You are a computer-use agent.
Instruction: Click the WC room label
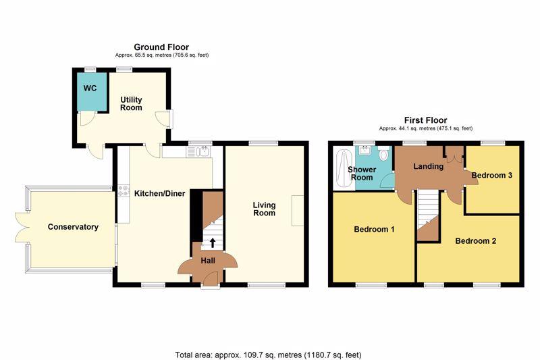point(90,88)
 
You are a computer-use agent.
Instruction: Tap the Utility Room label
point(131,103)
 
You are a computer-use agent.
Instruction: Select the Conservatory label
point(73,227)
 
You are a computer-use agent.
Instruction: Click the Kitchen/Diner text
point(159,193)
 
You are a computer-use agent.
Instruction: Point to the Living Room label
point(264,209)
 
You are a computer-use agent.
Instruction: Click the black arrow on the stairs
point(213,242)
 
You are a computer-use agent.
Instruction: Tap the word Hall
point(208,261)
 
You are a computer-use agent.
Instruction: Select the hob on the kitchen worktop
point(124,191)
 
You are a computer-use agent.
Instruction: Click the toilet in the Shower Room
point(383,153)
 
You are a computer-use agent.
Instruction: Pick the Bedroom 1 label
point(374,229)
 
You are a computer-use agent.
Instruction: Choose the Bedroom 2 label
point(476,241)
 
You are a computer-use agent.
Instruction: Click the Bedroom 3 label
point(492,175)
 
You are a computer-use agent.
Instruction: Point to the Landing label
point(428,166)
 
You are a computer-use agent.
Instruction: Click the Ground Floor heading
point(161,47)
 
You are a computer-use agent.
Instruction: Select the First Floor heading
point(426,120)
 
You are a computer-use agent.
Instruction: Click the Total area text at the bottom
point(268,355)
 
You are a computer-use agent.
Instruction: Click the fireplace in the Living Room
point(298,211)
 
